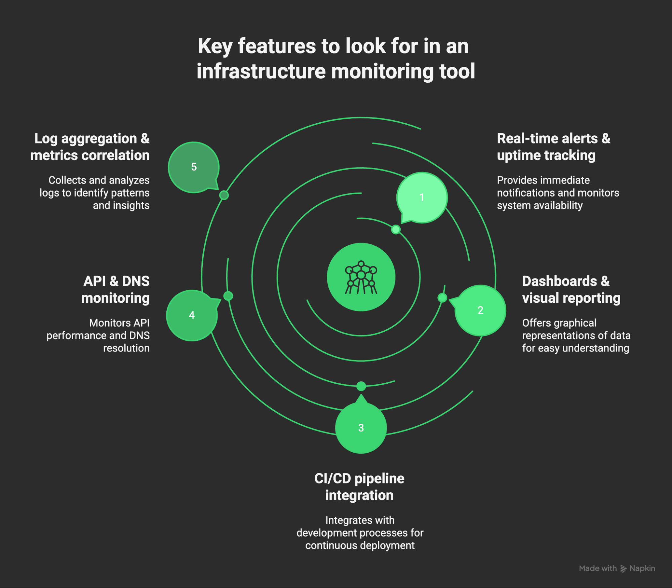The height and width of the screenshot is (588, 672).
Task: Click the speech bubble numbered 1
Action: (422, 198)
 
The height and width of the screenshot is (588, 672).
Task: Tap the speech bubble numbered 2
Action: (480, 310)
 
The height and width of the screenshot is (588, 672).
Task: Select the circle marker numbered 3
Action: (361, 428)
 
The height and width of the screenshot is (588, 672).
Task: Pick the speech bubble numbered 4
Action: (192, 315)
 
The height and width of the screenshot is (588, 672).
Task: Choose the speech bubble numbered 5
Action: (194, 167)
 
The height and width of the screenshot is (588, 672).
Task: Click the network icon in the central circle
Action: (361, 278)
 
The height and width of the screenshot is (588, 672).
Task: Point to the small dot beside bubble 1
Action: (396, 229)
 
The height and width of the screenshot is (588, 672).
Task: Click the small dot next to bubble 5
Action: (224, 195)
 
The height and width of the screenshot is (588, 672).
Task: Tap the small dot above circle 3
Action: (361, 386)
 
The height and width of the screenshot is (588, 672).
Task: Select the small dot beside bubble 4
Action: (228, 296)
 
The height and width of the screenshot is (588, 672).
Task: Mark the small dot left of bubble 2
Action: (442, 298)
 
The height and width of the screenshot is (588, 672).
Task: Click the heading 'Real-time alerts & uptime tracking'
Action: (553, 147)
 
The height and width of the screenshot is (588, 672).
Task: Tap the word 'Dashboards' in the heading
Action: (559, 281)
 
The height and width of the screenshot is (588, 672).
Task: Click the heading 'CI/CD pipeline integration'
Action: (359, 487)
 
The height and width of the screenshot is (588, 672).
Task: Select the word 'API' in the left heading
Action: (94, 281)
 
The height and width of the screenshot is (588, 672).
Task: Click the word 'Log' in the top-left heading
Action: (46, 139)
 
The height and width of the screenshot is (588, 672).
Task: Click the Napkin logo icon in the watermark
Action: (623, 569)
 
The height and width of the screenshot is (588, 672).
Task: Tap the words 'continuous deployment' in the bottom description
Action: (360, 545)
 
